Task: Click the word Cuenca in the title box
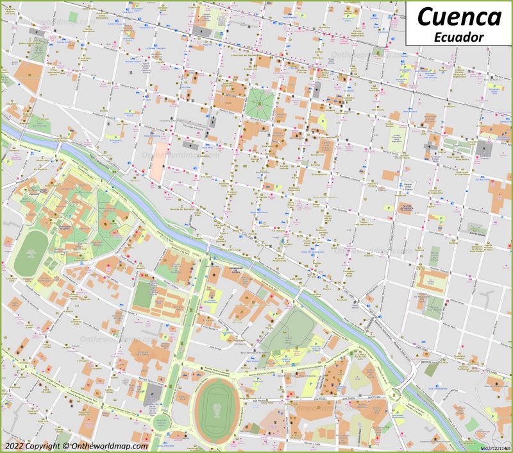coord(458,16)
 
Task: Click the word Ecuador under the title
coord(458,37)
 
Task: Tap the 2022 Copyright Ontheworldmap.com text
coord(76,445)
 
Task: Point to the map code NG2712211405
coord(495,448)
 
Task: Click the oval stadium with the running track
coord(216,409)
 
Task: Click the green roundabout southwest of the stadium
coord(160,422)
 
